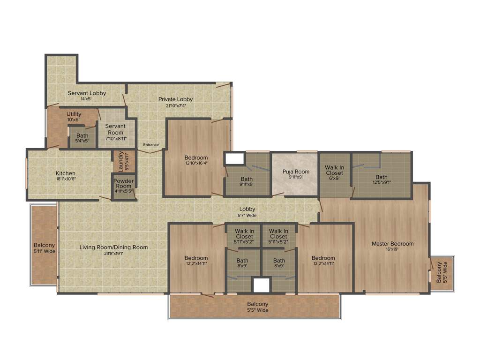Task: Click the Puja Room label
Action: pyautogui.click(x=296, y=172)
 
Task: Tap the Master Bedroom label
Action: pyautogui.click(x=392, y=244)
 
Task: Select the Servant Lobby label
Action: pyautogui.click(x=87, y=93)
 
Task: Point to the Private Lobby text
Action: pyautogui.click(x=175, y=99)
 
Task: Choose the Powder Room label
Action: pyautogui.click(x=123, y=183)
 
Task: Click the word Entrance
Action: pyautogui.click(x=151, y=145)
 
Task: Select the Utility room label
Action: pyautogui.click(x=74, y=114)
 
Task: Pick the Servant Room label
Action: pyautogui.click(x=115, y=129)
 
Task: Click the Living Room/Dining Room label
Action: pyautogui.click(x=113, y=247)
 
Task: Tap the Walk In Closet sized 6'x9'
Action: pyautogui.click(x=334, y=170)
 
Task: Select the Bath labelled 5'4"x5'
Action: pyautogui.click(x=82, y=136)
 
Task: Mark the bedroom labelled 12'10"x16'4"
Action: pyautogui.click(x=196, y=158)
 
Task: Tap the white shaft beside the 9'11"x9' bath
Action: pyautogui.click(x=232, y=158)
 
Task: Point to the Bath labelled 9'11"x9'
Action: pyautogui.click(x=247, y=179)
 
